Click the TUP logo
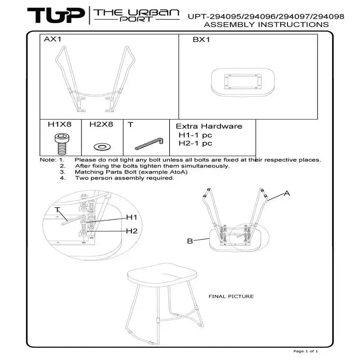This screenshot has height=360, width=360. pyautogui.click(x=56, y=15)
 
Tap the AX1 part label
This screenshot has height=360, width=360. pyautogui.click(x=53, y=39)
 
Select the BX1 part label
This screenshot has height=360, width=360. pyautogui.click(x=201, y=40)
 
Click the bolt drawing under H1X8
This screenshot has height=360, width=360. pyautogui.click(x=62, y=144)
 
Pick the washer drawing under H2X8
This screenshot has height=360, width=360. pyautogui.click(x=102, y=147)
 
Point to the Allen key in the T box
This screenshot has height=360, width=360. pyautogui.click(x=149, y=144)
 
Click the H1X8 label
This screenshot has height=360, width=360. pyautogui.click(x=60, y=124)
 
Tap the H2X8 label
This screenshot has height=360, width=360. pyautogui.click(x=101, y=124)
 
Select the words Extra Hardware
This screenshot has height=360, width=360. pyautogui.click(x=209, y=126)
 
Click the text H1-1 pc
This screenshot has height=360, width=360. pyautogui.click(x=195, y=135)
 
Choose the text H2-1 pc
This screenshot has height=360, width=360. pyautogui.click(x=195, y=143)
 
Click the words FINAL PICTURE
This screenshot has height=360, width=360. pyautogui.click(x=231, y=297)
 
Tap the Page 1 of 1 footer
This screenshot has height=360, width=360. pyautogui.click(x=306, y=351)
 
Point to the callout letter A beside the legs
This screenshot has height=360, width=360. pyautogui.click(x=287, y=193)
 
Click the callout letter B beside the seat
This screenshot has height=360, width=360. pyautogui.click(x=190, y=241)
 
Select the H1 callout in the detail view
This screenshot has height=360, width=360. pyautogui.click(x=131, y=217)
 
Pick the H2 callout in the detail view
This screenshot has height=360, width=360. pyautogui.click(x=132, y=231)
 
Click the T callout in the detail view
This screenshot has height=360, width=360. pyautogui.click(x=57, y=210)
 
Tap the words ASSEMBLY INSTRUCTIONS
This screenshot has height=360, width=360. pyautogui.click(x=266, y=24)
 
